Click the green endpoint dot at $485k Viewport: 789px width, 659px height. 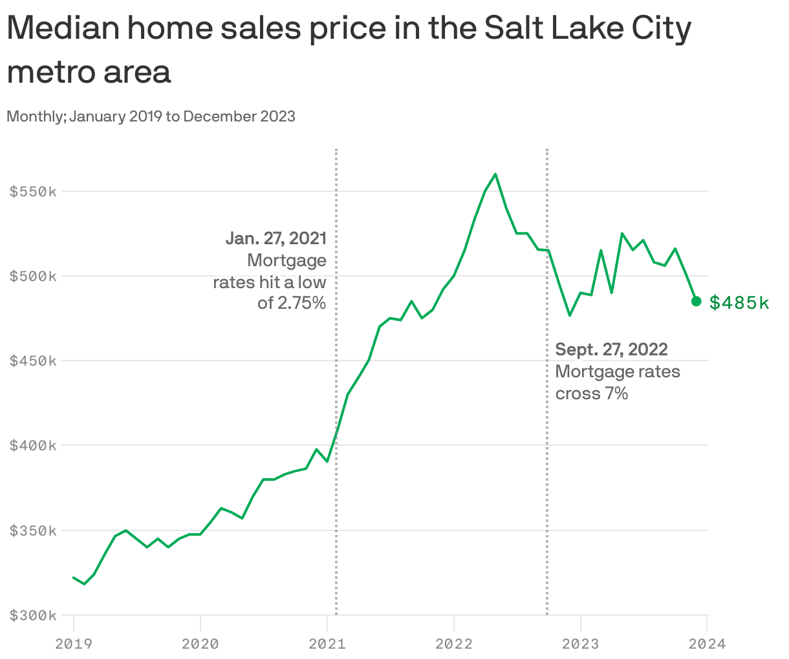[x=697, y=301]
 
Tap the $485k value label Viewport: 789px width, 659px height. [x=739, y=302]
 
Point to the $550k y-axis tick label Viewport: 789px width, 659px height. [x=33, y=192]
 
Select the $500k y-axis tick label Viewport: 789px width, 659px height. [x=33, y=277]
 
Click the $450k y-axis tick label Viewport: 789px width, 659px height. [x=33, y=361]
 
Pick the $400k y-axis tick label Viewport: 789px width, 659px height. [x=33, y=446]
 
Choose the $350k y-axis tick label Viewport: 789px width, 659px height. [x=33, y=531]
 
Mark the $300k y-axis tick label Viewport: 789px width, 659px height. [x=33, y=616]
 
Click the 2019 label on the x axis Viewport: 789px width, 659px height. [x=74, y=643]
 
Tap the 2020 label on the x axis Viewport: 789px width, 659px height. [x=200, y=643]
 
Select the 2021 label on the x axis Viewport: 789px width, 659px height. [x=327, y=643]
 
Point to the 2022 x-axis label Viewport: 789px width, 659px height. [x=454, y=643]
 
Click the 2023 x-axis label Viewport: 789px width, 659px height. [x=581, y=643]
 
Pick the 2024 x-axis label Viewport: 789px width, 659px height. [x=707, y=643]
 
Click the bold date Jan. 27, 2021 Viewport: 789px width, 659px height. [x=276, y=238]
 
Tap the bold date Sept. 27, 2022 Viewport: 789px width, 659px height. [x=612, y=350]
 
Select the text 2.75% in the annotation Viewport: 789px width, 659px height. [x=301, y=303]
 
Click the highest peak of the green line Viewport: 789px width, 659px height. [x=495, y=174]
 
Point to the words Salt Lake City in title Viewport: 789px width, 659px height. [x=588, y=29]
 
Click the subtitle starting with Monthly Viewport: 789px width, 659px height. [x=151, y=116]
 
